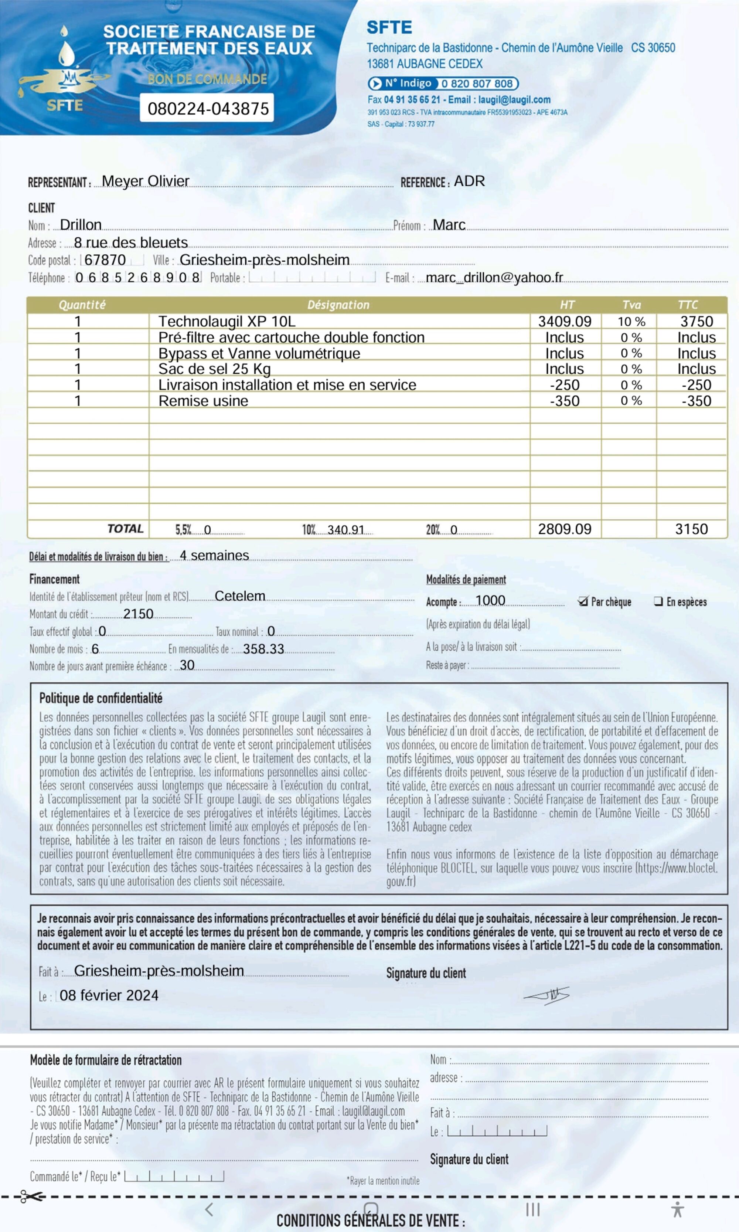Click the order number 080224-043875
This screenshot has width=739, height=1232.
pos(208,108)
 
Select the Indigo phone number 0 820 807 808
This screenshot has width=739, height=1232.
pos(477,83)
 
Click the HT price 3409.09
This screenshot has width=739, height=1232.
pos(565,321)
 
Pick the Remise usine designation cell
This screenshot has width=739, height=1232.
pos(203,401)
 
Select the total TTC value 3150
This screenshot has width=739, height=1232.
pos(691,529)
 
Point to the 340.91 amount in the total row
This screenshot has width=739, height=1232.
pos(345,530)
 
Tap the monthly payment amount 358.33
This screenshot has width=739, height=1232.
pos(263,649)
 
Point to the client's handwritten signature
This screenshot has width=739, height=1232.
pos(547,995)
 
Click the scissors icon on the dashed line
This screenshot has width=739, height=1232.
pos(31,1196)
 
